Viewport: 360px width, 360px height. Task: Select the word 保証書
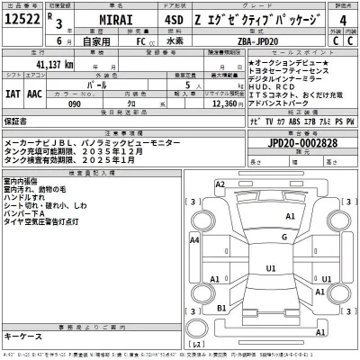pos(15,119)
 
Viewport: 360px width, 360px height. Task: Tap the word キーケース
pos(22,335)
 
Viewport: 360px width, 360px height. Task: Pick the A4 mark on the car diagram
pos(195,240)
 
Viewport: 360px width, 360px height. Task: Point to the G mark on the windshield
pos(283,238)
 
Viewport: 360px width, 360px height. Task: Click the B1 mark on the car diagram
pos(220,308)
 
